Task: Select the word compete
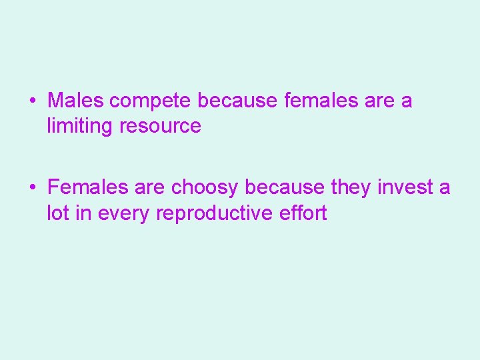pyautogui.click(x=151, y=101)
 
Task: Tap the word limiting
pyautogui.click(x=80, y=125)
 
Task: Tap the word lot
pyautogui.click(x=58, y=213)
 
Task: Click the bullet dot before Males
pyautogui.click(x=33, y=101)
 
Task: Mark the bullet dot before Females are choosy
pyautogui.click(x=33, y=188)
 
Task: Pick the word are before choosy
pyautogui.click(x=151, y=188)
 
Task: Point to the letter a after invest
pyautogui.click(x=445, y=188)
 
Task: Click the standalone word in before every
pyautogui.click(x=84, y=213)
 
